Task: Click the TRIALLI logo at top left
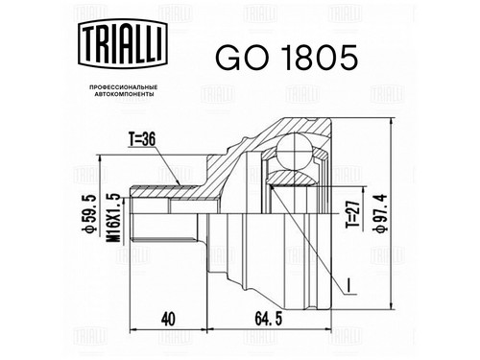pos(123,43)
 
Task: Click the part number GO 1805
pos(286,58)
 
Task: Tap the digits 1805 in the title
pos(321,58)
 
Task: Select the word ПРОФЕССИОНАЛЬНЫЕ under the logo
pos(123,87)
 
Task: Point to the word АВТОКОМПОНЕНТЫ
pos(123,94)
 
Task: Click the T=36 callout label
pos(142,139)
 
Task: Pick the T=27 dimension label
pos(352,215)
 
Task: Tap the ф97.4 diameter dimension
pos(381,213)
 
